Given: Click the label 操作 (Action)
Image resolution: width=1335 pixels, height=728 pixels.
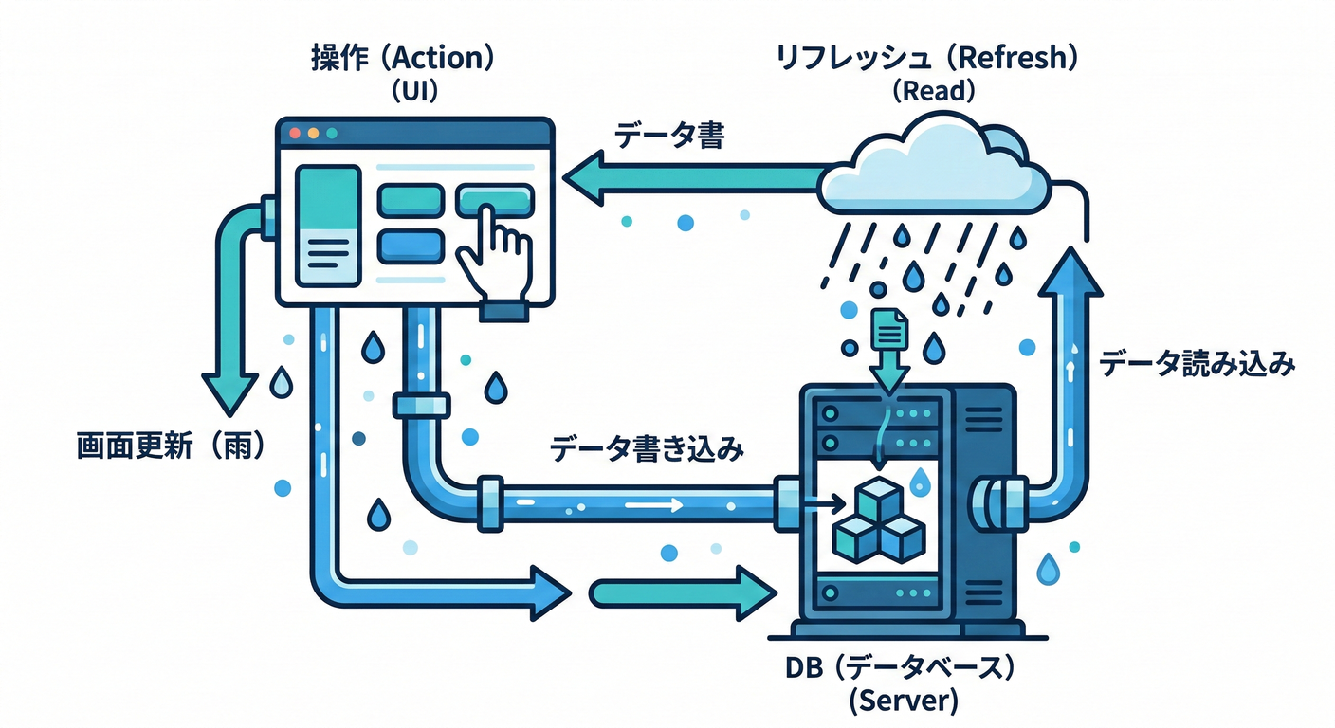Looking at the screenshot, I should click(x=403, y=59).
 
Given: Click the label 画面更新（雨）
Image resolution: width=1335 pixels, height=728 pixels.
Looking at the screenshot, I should click(x=171, y=446).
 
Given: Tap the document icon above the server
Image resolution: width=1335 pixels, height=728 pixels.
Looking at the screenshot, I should click(x=888, y=329).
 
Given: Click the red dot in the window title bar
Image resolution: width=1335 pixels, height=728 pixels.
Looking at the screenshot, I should click(x=294, y=134).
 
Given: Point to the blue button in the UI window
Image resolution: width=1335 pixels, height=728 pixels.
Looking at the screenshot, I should click(x=411, y=246).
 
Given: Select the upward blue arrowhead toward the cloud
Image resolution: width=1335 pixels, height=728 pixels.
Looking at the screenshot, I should click(x=1070, y=270).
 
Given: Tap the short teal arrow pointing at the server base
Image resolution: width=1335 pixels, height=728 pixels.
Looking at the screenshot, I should click(x=679, y=594).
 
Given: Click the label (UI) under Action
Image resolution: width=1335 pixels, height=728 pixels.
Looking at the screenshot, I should click(x=403, y=91).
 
